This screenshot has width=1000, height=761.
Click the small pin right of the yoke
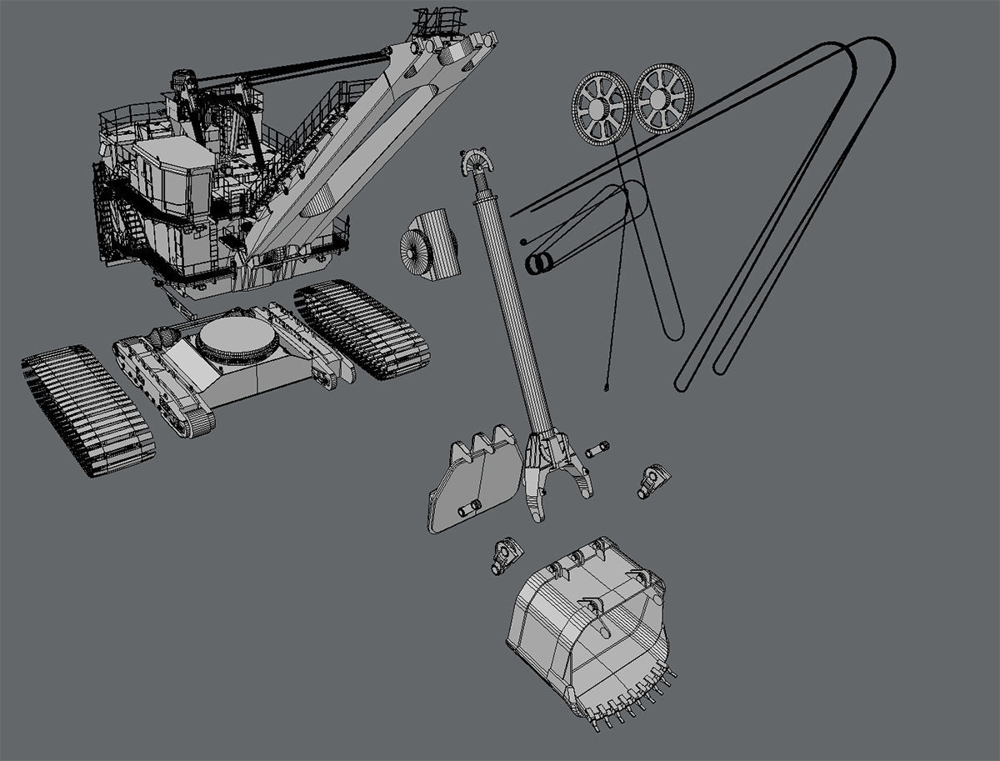click(x=597, y=449)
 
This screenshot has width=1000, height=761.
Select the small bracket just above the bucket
click(x=504, y=554)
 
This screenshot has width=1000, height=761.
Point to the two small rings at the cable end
click(x=537, y=263)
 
